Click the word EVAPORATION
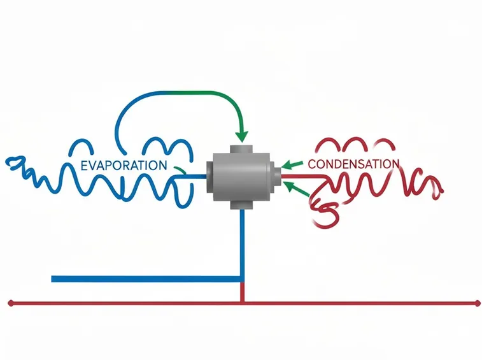click(124, 166)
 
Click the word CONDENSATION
click(353, 164)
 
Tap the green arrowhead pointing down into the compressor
click(241, 136)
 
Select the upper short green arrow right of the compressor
click(292, 165)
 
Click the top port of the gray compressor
click(241, 149)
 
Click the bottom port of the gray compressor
click(241, 205)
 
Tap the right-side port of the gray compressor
click(277, 176)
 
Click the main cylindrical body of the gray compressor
click(242, 177)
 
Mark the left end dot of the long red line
click(11, 303)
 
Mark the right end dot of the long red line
click(478, 303)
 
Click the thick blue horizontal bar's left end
click(52, 279)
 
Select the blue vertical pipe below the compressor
click(242, 245)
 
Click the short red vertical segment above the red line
click(242, 292)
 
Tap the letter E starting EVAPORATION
click(84, 166)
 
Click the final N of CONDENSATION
click(395, 164)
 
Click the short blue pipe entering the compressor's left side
click(191, 176)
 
